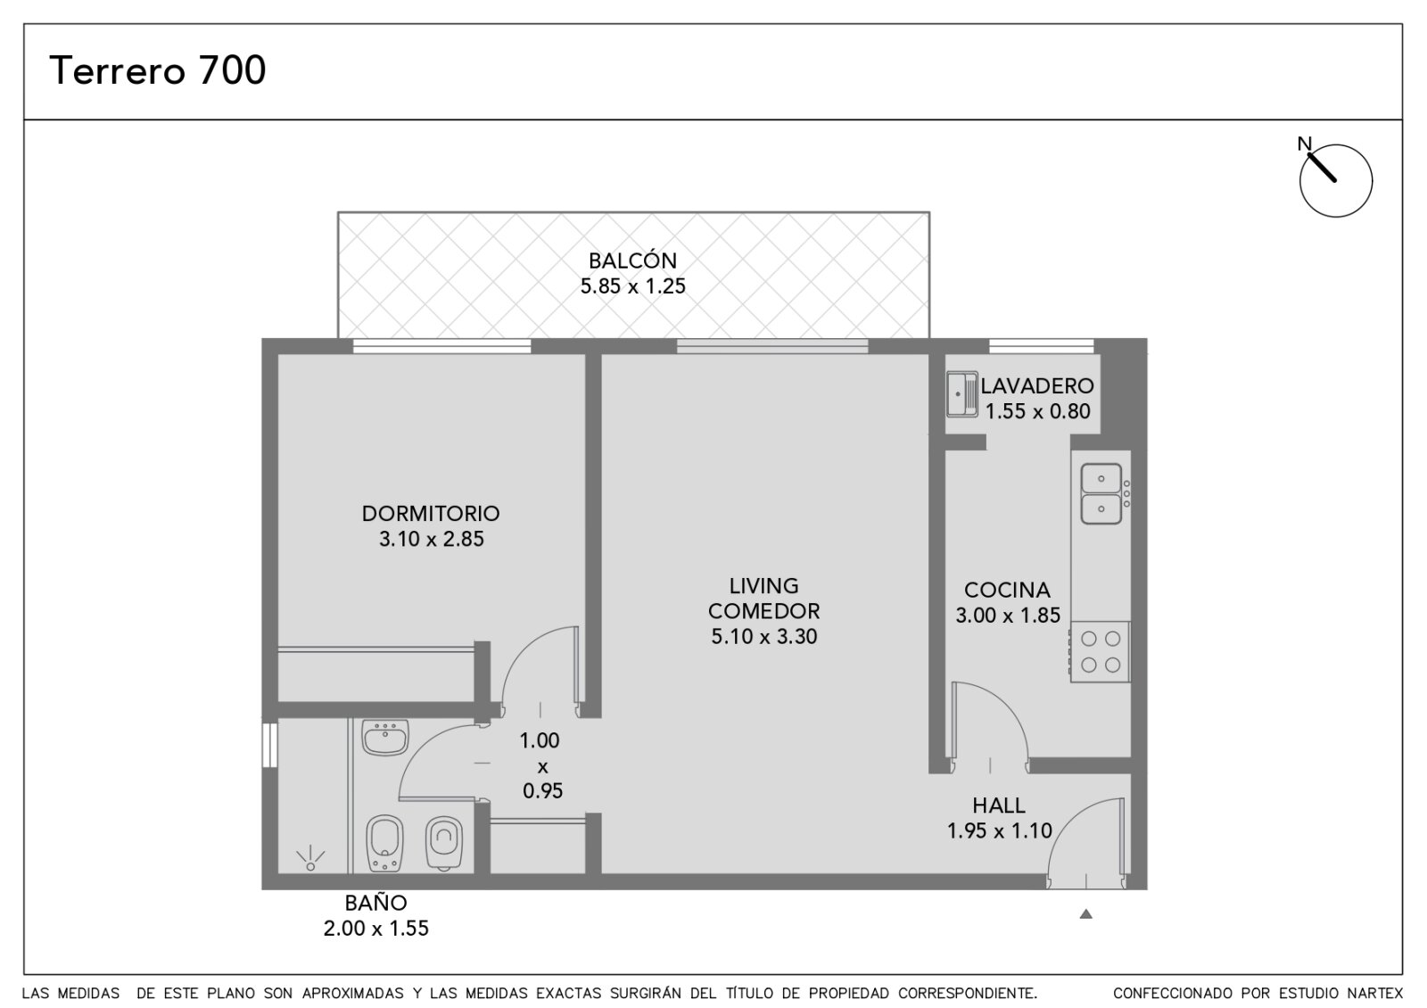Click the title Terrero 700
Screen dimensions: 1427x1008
[x=157, y=70]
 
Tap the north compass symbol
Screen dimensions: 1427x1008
[x=1335, y=179]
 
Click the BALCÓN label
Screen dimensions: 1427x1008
[x=632, y=260]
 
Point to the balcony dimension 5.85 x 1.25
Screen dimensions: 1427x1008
[x=632, y=286]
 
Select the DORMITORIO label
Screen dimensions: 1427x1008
[x=431, y=513]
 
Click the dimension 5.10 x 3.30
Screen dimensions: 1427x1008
[x=763, y=636]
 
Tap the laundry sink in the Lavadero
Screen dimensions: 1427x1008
[x=962, y=394]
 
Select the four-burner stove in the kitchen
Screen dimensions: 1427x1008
[x=1101, y=652]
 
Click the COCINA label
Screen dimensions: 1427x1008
[x=1007, y=590]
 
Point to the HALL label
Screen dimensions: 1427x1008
[x=999, y=806]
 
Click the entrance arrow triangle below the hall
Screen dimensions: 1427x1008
[x=1086, y=913]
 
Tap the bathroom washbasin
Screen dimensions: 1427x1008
[x=385, y=737]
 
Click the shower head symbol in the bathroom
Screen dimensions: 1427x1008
[x=310, y=859]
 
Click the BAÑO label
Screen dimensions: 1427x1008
[x=375, y=902]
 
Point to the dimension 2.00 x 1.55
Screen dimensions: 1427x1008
[x=375, y=929]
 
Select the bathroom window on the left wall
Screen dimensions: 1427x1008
[x=270, y=744]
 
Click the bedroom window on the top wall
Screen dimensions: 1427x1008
[x=442, y=346]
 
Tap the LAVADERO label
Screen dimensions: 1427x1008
[x=1037, y=385]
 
